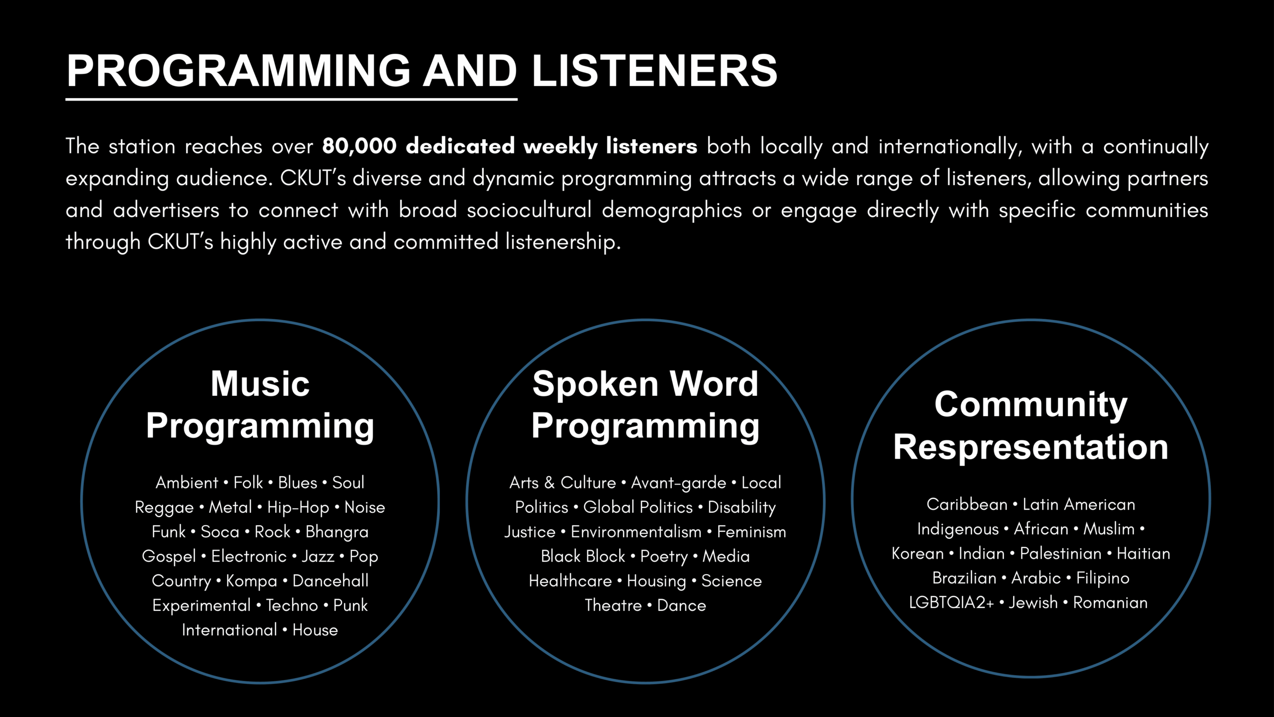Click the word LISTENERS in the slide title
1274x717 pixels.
(x=654, y=71)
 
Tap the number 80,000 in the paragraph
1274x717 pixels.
(x=359, y=146)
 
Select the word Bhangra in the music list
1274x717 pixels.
(x=337, y=532)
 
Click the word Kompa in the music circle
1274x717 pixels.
(x=251, y=581)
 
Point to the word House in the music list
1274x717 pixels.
(x=315, y=630)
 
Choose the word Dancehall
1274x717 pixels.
(x=330, y=581)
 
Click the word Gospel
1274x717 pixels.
(x=169, y=557)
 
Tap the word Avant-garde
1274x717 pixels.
(x=679, y=482)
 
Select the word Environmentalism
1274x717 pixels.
(x=636, y=532)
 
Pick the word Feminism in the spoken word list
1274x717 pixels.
(x=751, y=532)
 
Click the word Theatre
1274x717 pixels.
(x=613, y=605)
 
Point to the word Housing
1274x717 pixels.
(x=656, y=581)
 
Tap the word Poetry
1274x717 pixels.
(x=664, y=557)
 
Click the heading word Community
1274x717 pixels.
(x=1031, y=404)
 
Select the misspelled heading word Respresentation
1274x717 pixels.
(x=1031, y=447)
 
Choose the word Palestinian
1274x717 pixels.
(x=1061, y=554)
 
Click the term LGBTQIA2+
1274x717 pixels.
(x=951, y=603)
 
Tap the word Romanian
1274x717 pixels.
(x=1110, y=603)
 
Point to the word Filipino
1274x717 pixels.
(x=1103, y=579)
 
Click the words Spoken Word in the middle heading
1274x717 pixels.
(x=645, y=384)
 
